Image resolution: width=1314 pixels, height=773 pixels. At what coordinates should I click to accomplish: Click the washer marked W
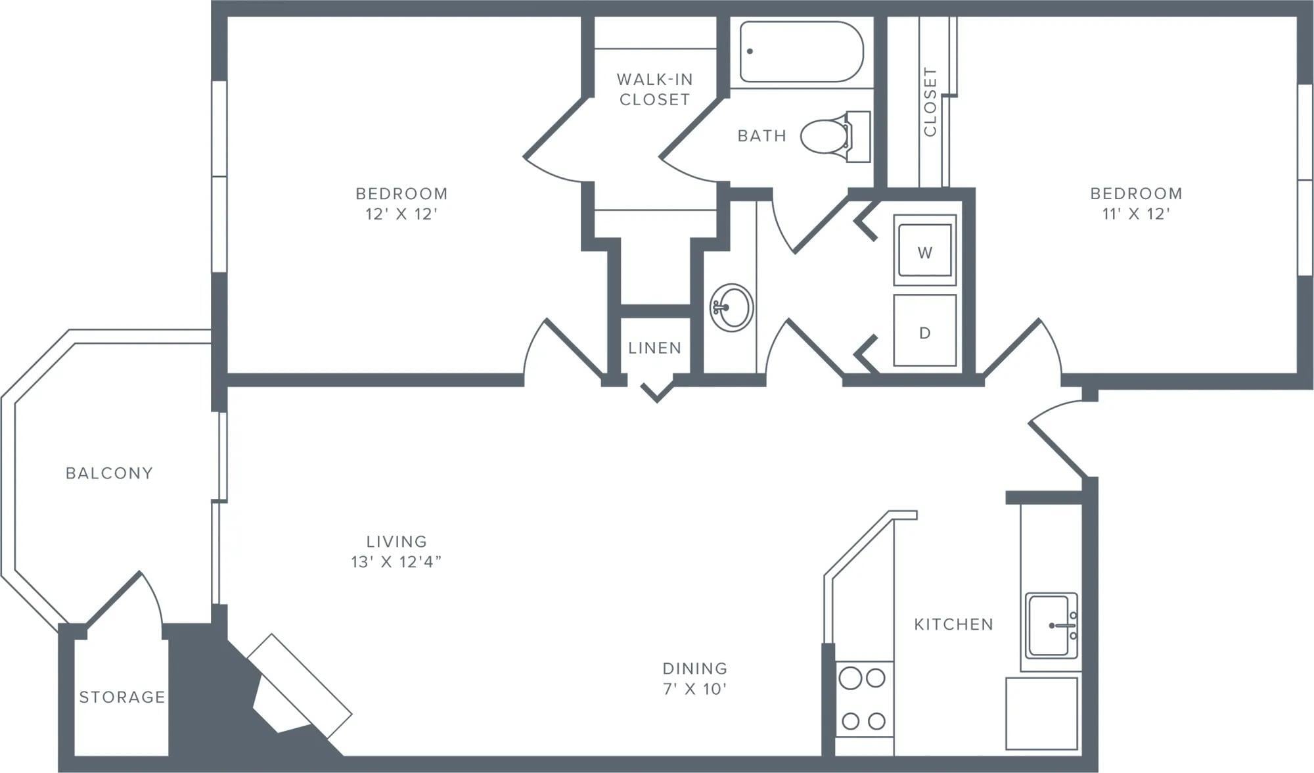(924, 250)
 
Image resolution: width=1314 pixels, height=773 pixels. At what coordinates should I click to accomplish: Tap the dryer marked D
(924, 331)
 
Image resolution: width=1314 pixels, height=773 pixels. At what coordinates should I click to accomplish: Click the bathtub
(801, 51)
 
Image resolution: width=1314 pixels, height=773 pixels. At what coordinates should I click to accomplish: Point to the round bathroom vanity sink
(731, 308)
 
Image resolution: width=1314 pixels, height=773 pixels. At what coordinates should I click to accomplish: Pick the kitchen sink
(1051, 625)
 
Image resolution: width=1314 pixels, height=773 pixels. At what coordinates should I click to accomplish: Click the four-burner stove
(863, 699)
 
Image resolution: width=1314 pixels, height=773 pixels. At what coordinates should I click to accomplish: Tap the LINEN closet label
(654, 348)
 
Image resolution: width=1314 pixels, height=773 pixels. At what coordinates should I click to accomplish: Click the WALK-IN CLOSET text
(654, 89)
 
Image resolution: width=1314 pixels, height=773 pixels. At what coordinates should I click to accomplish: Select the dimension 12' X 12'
(401, 214)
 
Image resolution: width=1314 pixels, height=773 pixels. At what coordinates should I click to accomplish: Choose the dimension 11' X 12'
(1136, 214)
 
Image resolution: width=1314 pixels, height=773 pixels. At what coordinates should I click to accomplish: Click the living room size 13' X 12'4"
(396, 561)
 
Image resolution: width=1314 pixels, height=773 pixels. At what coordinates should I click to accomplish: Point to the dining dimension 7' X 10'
(694, 688)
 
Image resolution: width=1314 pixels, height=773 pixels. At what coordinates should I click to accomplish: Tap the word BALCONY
(109, 473)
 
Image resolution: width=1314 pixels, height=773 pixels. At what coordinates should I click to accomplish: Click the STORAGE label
(122, 697)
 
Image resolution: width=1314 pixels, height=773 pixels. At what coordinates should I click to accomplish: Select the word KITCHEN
(953, 624)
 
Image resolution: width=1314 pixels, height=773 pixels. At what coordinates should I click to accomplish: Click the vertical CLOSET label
(930, 101)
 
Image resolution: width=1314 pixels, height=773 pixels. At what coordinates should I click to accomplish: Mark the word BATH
(761, 135)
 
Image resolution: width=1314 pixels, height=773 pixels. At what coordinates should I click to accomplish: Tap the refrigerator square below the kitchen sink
(1041, 713)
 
